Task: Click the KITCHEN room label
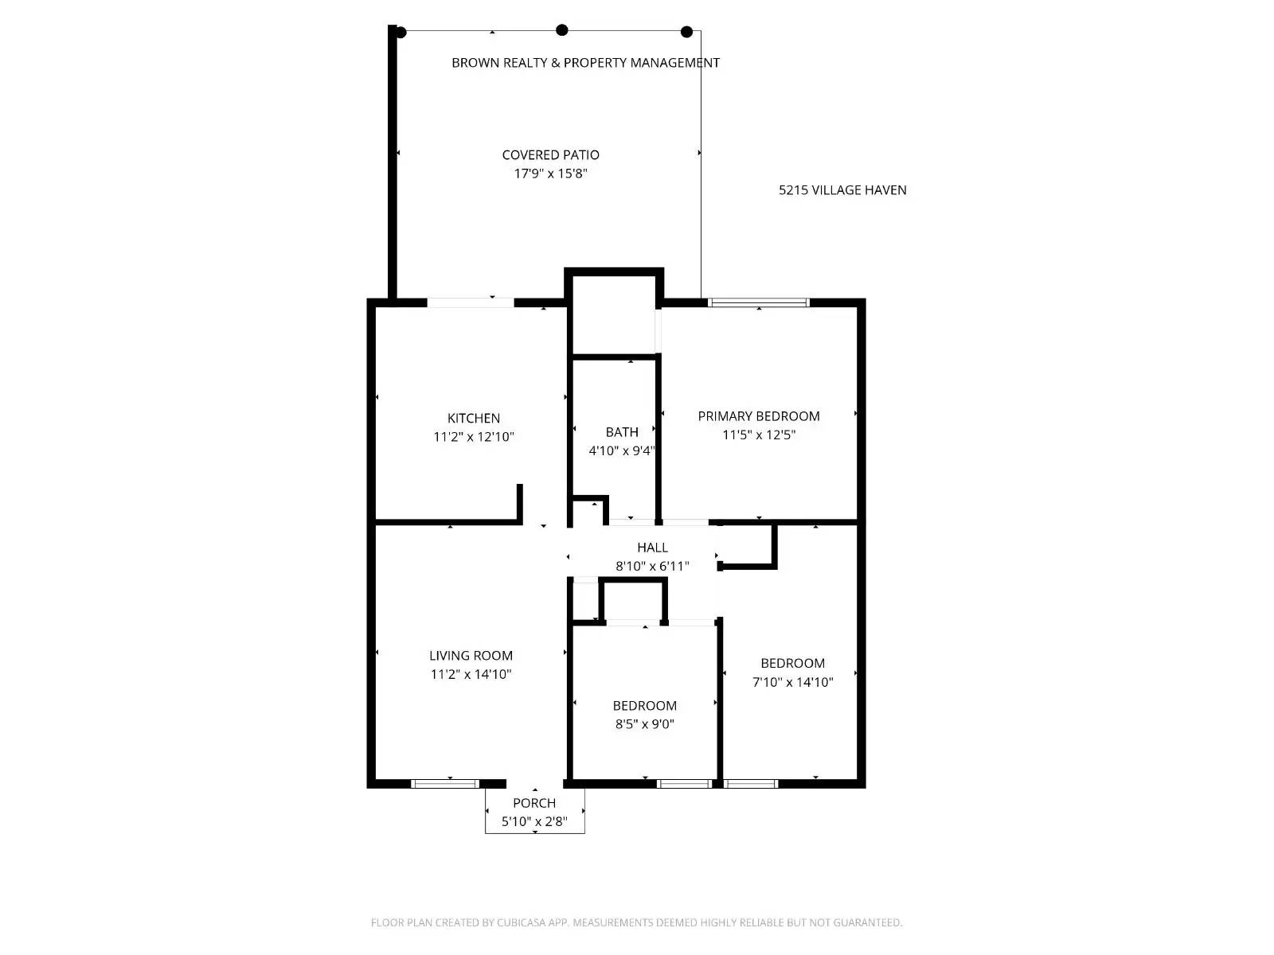pos(474,419)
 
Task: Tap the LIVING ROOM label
pos(471,656)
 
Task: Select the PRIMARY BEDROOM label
pos(759,416)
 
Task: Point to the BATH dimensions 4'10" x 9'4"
pos(621,451)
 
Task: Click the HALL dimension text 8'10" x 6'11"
pos(652,567)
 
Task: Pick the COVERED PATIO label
pos(550,155)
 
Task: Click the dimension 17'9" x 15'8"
pos(550,173)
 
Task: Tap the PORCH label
pos(534,803)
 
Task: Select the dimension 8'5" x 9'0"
pos(644,724)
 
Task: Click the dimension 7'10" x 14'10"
pos(792,682)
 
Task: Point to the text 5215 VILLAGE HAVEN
pos(842,190)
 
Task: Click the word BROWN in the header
pos(471,63)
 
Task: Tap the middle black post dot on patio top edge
pos(562,30)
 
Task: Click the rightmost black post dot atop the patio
pos(686,32)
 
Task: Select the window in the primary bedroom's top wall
pos(759,302)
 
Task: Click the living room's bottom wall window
pos(445,784)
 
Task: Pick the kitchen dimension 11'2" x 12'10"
pos(474,437)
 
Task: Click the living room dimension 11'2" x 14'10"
pos(471,675)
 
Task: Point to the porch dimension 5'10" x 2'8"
pos(534,821)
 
